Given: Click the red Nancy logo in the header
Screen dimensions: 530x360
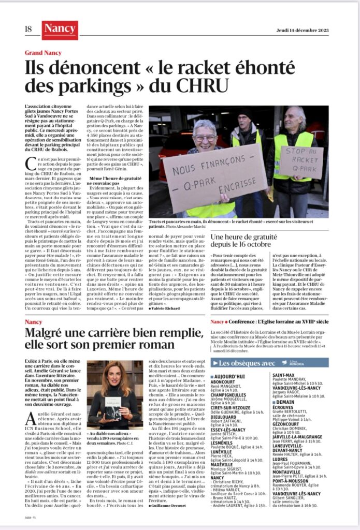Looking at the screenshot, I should click(x=60, y=30).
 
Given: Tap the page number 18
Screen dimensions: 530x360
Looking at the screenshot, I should click(x=28, y=30).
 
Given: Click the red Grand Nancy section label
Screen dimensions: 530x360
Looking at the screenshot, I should click(x=43, y=53).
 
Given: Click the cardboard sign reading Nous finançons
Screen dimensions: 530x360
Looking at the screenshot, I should click(x=214, y=178).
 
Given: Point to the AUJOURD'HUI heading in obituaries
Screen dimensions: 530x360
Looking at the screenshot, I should click(x=232, y=376).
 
